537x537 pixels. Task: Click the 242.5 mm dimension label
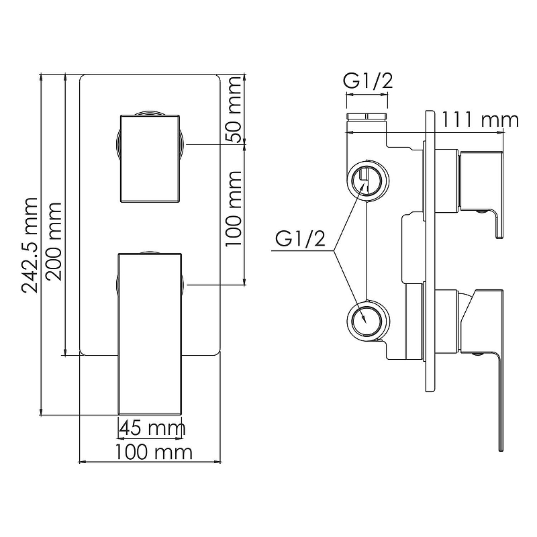click(30, 245)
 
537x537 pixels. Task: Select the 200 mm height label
click(54, 242)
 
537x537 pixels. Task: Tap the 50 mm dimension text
click(234, 109)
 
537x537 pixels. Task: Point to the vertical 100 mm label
click(234, 209)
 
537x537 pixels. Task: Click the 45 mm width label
click(152, 428)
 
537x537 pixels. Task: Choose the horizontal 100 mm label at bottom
click(154, 452)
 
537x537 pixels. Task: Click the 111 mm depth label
click(479, 120)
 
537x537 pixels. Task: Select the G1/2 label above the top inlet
click(368, 81)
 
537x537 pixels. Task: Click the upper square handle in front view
click(150, 158)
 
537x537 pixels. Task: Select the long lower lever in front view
click(150, 334)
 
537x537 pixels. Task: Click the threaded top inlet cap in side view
click(367, 116)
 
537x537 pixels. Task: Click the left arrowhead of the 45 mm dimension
click(121, 438)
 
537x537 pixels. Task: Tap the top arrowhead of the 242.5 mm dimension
click(41, 77)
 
